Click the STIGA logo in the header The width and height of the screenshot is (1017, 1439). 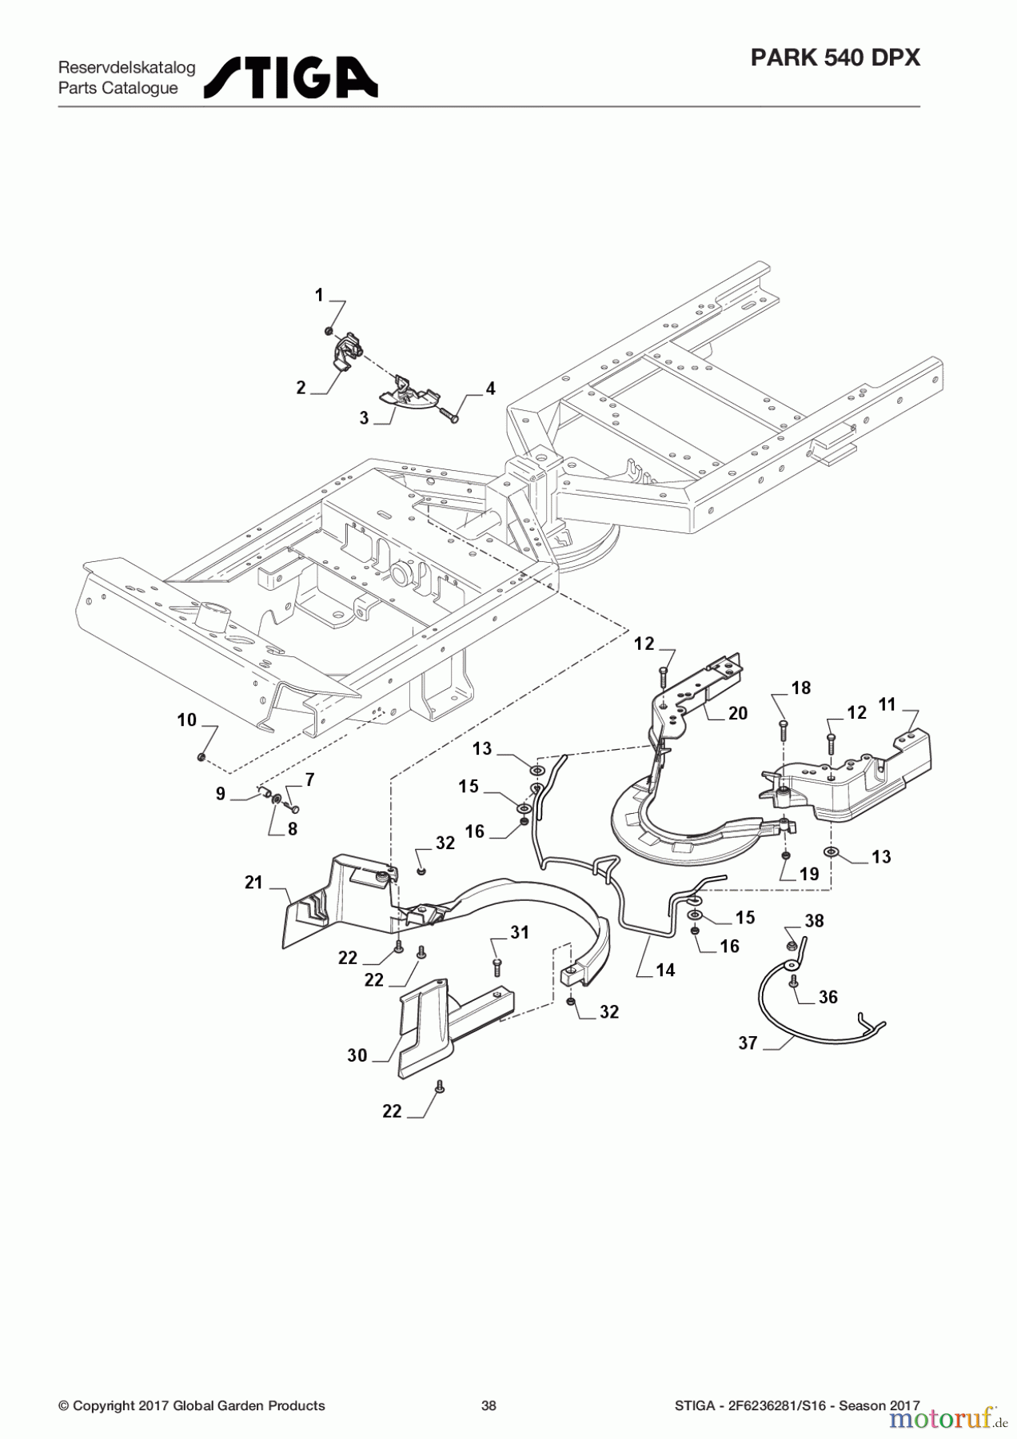[291, 78]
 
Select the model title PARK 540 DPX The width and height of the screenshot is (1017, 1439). [836, 58]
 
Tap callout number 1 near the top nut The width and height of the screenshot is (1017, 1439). [319, 296]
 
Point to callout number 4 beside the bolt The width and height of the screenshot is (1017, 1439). [490, 389]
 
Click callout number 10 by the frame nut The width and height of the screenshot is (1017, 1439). [186, 720]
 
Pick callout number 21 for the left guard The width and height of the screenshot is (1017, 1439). [253, 883]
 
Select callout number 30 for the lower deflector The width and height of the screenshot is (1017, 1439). [357, 1055]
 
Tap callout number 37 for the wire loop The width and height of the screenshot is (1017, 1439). [748, 1042]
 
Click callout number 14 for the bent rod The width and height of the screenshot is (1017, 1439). [665, 970]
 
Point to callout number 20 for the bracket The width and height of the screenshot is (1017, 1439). [737, 713]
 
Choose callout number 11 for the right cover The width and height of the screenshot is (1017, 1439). [887, 704]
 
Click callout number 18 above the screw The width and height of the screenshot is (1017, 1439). [800, 688]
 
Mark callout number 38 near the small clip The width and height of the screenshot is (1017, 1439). [814, 921]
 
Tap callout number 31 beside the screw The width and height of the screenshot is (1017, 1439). [520, 932]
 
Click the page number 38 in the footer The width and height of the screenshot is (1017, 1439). [489, 1405]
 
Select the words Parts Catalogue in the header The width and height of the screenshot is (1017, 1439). [118, 89]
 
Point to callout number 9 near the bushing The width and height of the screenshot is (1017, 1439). [221, 795]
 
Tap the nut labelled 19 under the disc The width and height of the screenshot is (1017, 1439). [786, 855]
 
